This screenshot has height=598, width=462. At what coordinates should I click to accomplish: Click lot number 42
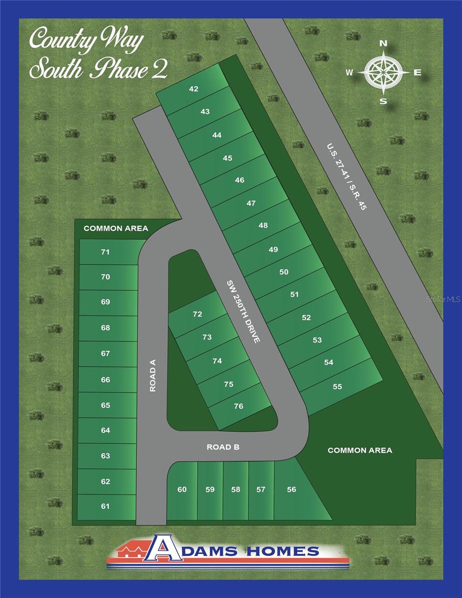point(194,89)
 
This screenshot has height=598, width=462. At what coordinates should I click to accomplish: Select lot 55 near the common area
point(337,386)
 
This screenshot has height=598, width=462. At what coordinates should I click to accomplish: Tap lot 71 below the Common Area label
point(105,252)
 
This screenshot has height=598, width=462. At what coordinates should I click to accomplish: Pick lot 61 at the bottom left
point(105,506)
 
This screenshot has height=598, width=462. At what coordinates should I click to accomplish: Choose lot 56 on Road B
point(292,489)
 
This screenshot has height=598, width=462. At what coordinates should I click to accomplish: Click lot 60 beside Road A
point(182,489)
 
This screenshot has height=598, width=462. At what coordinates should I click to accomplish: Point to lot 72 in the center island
point(197,314)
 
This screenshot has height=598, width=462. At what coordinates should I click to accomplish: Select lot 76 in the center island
point(239,406)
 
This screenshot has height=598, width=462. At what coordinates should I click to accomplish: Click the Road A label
point(153,376)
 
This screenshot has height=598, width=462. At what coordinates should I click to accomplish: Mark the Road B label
point(223,448)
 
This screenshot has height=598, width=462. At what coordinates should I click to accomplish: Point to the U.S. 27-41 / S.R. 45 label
point(346,177)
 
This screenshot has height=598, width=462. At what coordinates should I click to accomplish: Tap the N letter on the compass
point(383,44)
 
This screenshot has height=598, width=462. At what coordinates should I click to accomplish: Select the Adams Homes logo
point(228,551)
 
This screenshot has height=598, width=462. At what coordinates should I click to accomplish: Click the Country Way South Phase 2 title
point(98,54)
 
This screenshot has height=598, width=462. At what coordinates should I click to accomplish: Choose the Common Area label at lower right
point(360,450)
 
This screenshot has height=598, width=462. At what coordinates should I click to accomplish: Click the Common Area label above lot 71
point(116,228)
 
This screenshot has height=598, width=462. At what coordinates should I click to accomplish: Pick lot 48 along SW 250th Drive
point(263,225)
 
